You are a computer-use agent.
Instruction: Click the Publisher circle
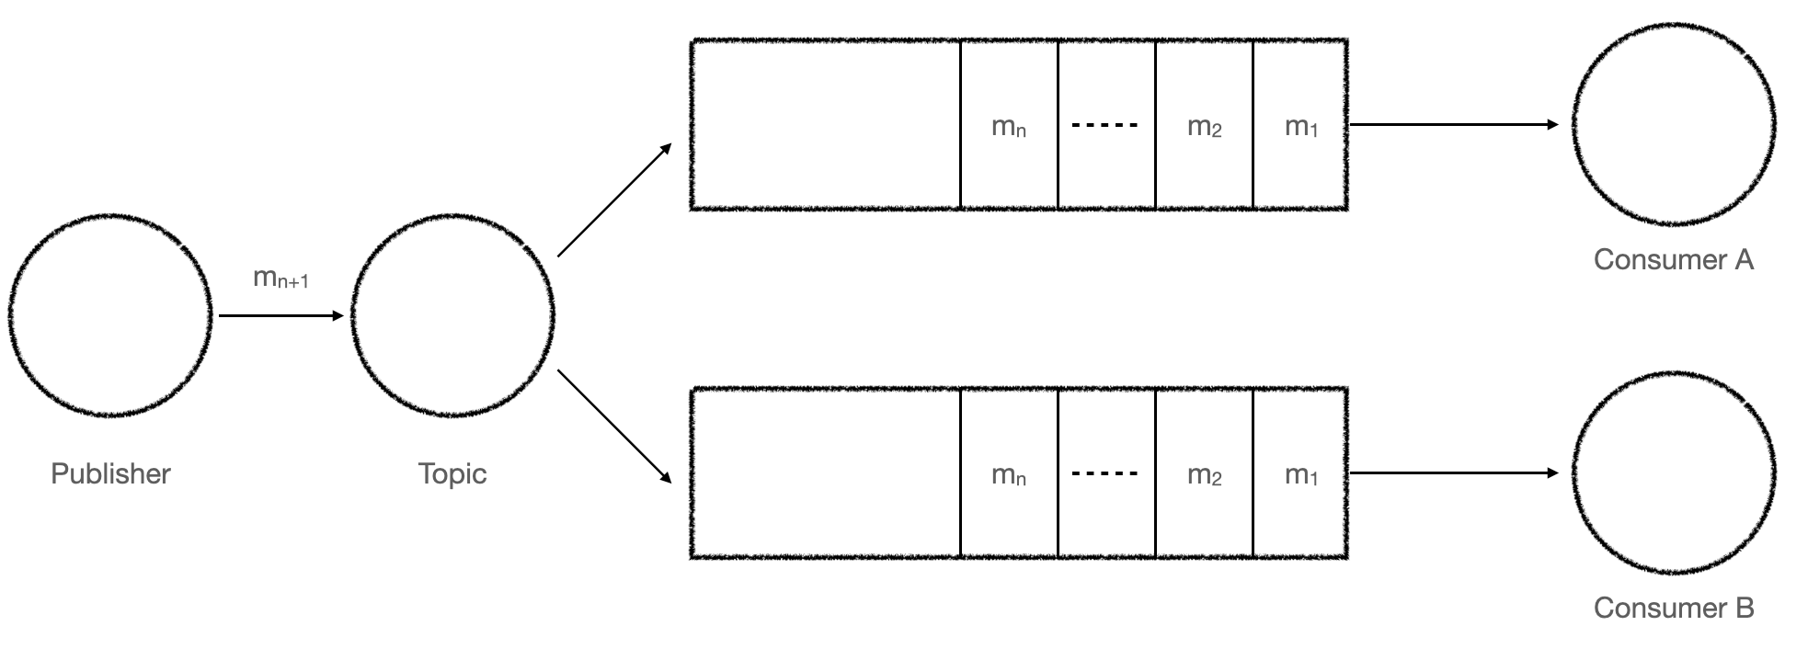[110, 315]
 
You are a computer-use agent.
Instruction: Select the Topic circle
[452, 315]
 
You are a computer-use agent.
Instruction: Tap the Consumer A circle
[1674, 124]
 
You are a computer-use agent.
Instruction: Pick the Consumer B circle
[1674, 472]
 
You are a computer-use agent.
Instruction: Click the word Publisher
[110, 473]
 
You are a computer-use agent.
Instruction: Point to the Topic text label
[452, 473]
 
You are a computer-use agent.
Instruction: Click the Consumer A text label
[1674, 260]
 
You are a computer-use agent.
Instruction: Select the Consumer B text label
[1674, 608]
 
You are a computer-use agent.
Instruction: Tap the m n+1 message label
[280, 278]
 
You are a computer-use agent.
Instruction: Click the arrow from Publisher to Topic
[280, 315]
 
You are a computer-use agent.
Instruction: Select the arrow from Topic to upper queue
[614, 199]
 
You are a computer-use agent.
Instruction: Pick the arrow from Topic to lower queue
[614, 427]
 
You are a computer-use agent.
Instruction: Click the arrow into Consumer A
[1453, 124]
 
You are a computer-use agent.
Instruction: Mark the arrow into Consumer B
[1453, 472]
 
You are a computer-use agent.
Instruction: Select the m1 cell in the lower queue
[1300, 474]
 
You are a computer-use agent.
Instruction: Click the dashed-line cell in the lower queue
[1105, 473]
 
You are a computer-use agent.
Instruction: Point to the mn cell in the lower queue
[1009, 474]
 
